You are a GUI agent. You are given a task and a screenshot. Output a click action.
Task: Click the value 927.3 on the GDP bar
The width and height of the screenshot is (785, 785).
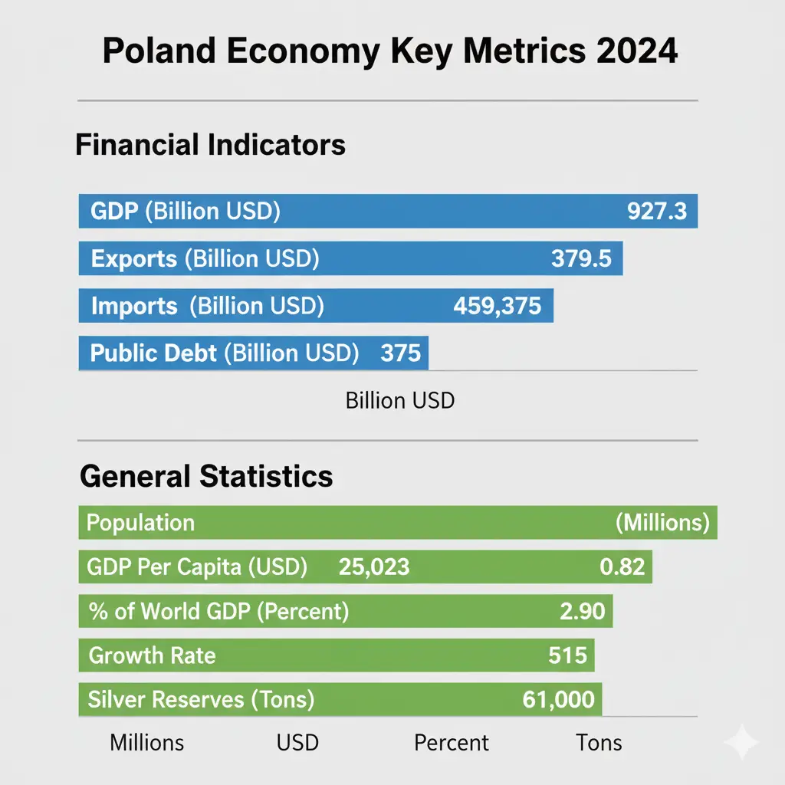[657, 212]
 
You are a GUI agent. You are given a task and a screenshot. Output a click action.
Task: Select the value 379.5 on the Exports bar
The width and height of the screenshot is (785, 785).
[581, 259]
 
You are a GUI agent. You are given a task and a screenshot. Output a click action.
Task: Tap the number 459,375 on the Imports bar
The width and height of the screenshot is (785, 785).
[498, 307]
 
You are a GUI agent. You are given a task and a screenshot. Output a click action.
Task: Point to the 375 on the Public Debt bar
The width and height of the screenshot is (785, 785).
[400, 353]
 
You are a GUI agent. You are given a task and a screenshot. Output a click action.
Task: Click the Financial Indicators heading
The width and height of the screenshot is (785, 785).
[210, 145]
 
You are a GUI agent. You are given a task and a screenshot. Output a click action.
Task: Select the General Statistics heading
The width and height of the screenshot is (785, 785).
[206, 476]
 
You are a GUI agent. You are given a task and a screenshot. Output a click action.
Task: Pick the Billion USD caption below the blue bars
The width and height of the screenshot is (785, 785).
[399, 400]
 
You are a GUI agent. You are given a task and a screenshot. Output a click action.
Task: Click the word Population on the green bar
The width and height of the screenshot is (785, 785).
[140, 523]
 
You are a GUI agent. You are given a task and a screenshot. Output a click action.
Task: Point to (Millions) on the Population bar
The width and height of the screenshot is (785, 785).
[662, 523]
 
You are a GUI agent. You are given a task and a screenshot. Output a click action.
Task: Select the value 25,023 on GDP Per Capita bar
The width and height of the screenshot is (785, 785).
[373, 567]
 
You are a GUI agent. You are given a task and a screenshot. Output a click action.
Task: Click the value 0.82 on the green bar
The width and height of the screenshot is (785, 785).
[622, 567]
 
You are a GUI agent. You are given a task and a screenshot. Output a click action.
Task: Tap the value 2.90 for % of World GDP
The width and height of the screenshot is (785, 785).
[583, 612]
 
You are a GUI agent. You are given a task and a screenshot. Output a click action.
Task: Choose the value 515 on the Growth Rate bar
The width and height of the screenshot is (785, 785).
[567, 655]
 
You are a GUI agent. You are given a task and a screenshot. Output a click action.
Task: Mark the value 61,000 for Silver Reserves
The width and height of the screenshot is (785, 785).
[558, 699]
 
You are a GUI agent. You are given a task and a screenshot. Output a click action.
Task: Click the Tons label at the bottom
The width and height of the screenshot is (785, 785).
[599, 743]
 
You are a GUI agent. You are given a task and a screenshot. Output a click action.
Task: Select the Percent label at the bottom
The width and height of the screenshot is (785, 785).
[451, 743]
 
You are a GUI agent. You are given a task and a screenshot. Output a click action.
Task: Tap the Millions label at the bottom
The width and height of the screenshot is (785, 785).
[147, 743]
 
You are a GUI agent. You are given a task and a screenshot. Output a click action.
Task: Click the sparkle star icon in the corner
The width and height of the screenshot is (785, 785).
[741, 741]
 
